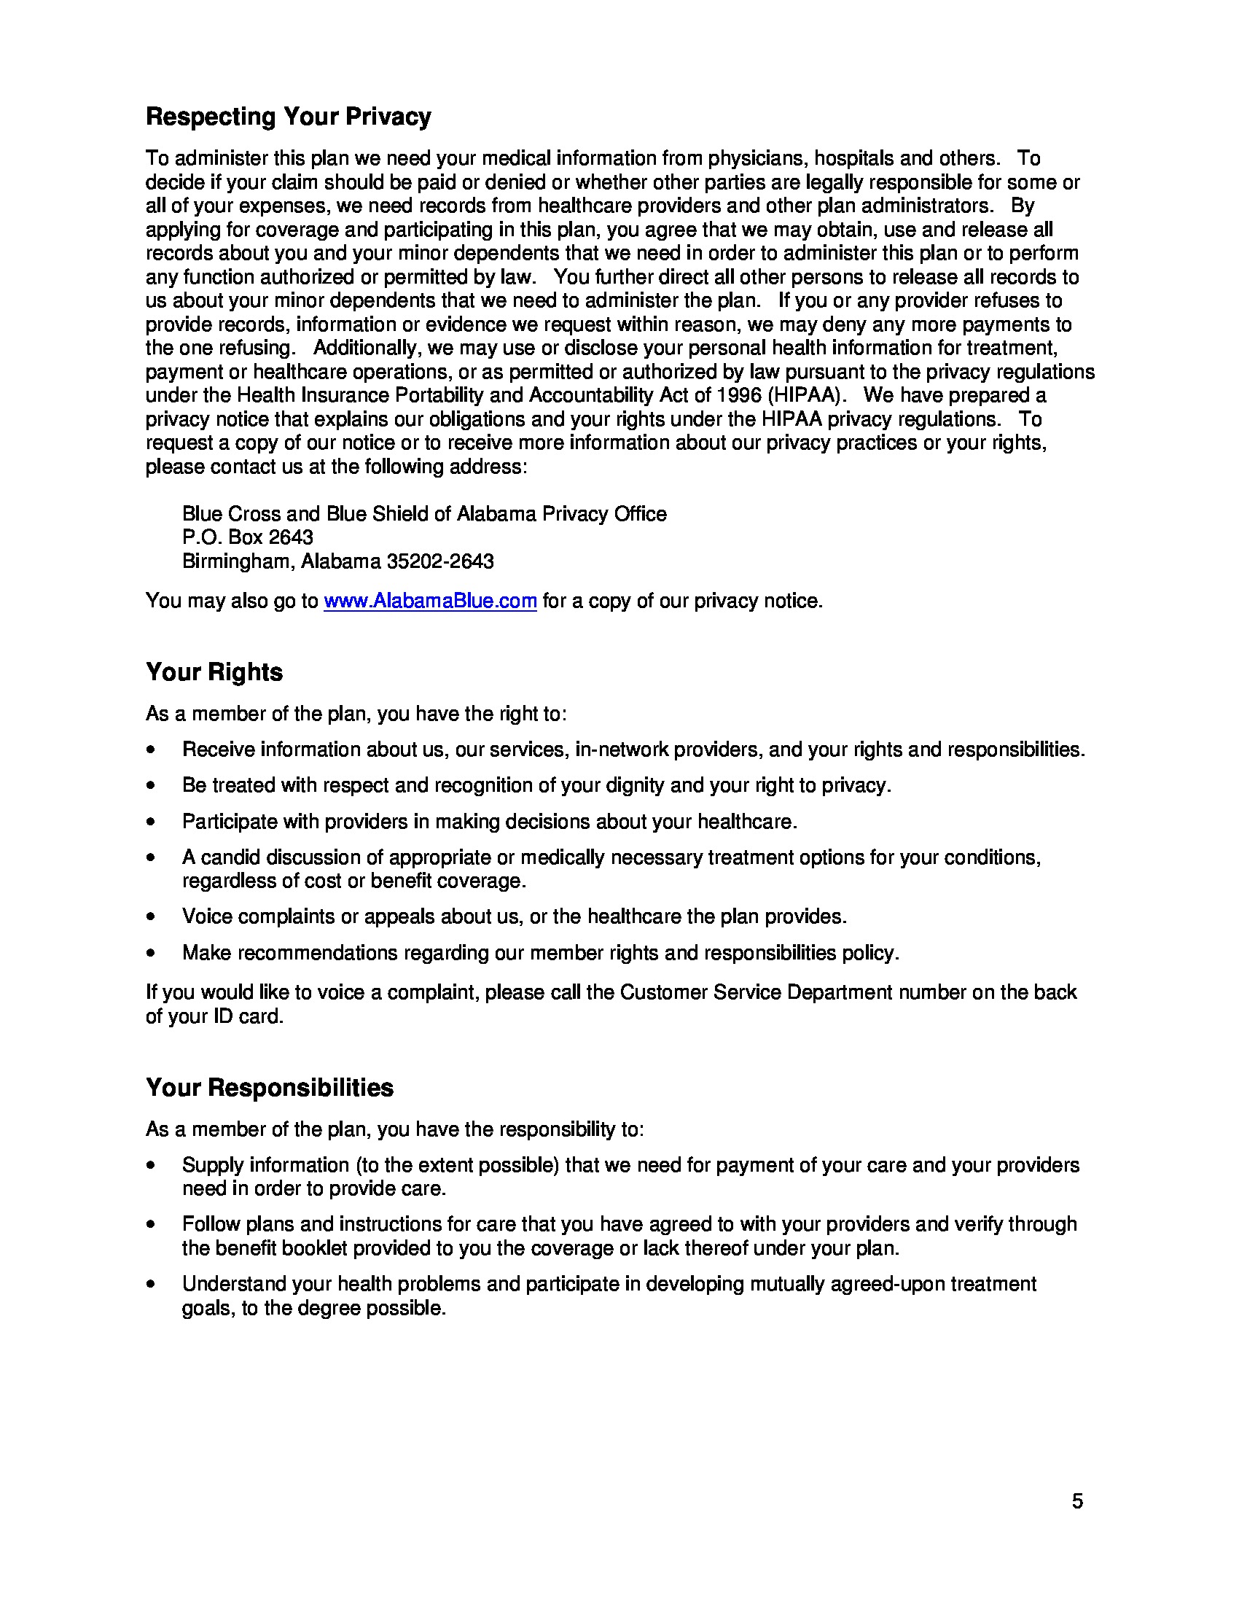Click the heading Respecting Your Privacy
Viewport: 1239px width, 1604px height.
coord(288,117)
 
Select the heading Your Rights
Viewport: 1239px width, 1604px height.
coord(214,672)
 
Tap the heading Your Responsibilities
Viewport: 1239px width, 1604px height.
coord(269,1087)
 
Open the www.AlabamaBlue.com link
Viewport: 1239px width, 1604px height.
coord(430,601)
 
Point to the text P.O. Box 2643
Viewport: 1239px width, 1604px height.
coord(247,537)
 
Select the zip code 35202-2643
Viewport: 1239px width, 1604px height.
coord(439,561)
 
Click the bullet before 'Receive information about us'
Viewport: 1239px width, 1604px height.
coord(150,750)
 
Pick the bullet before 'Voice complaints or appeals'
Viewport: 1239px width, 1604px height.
coord(150,916)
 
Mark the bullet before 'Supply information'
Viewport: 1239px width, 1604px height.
coord(150,1166)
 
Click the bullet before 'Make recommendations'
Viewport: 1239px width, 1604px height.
coord(150,954)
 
